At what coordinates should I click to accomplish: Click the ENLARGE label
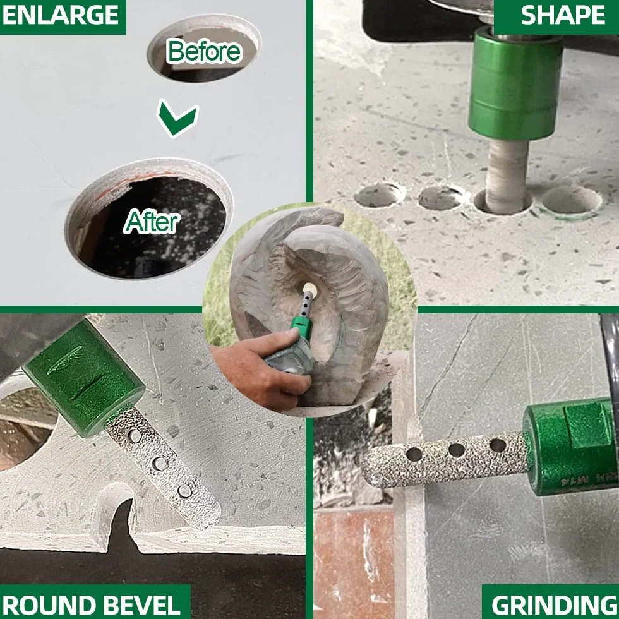tap(61, 15)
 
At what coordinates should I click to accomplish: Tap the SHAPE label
tap(563, 15)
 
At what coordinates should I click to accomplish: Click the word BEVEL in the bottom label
tap(144, 604)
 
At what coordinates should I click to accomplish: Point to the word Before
tap(204, 51)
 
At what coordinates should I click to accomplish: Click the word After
tap(152, 222)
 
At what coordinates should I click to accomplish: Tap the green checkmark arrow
tap(177, 118)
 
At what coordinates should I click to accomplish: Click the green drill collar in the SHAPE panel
tap(515, 85)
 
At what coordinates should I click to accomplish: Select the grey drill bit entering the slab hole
tap(507, 176)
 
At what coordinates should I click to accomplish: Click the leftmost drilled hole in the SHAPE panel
tap(380, 195)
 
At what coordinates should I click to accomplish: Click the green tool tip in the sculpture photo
tap(303, 327)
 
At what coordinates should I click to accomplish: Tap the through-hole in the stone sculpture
tap(310, 290)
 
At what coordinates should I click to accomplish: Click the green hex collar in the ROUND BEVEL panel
tap(83, 378)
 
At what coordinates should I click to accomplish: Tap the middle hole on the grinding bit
tap(457, 450)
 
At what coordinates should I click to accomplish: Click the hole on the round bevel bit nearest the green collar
tap(135, 436)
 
